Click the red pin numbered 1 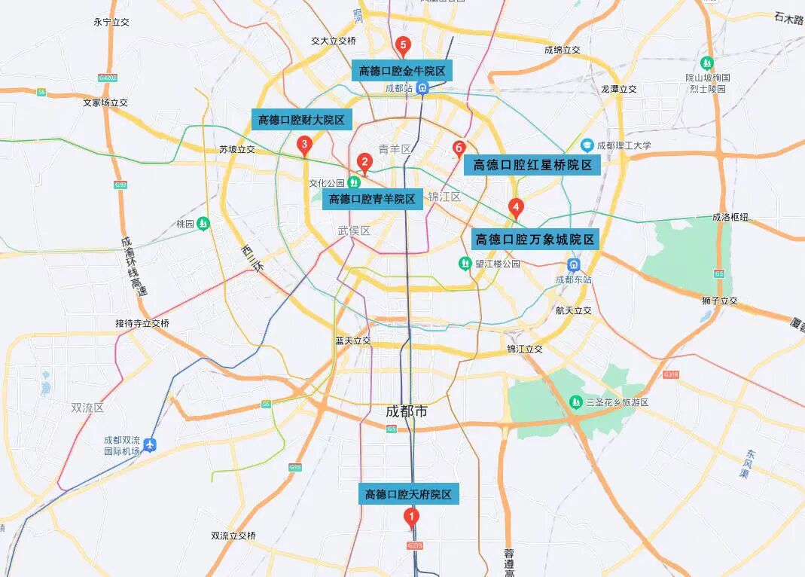[411, 517]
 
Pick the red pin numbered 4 [516, 206]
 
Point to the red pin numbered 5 [403, 45]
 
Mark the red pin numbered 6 [459, 148]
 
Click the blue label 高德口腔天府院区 [408, 494]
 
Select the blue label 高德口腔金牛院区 [402, 71]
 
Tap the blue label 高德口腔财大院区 [301, 119]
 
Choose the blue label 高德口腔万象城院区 [535, 240]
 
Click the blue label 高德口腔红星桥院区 [532, 165]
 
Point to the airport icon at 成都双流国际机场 [150, 444]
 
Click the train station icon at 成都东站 [574, 265]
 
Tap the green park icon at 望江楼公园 [465, 264]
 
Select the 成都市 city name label [407, 411]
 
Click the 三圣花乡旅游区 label [617, 402]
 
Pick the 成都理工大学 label [624, 145]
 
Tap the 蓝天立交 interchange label [353, 340]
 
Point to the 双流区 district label [87, 408]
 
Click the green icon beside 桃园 [203, 224]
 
